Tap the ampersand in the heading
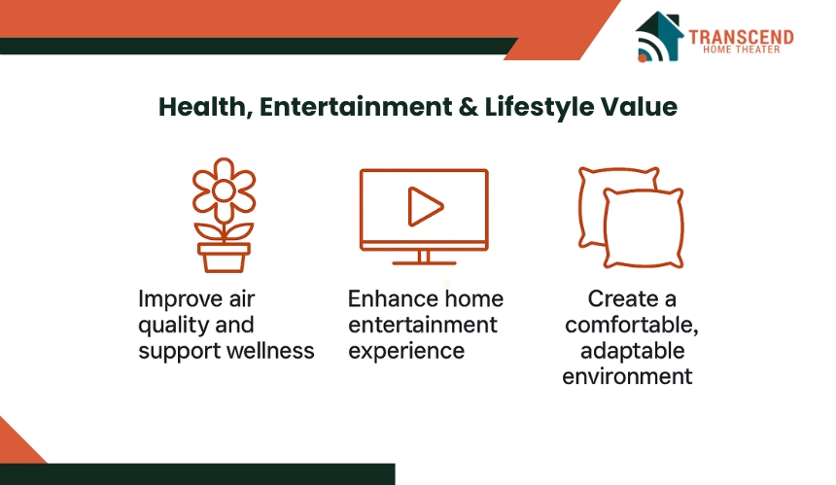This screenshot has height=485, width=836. tap(469, 107)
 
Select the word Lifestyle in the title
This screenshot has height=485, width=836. tap(539, 107)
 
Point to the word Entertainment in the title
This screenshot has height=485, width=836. tap(356, 107)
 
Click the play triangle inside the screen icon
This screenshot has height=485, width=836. tap(425, 206)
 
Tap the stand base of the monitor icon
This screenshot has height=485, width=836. tap(424, 262)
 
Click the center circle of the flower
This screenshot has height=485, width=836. tap(224, 191)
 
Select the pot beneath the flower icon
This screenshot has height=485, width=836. tap(224, 258)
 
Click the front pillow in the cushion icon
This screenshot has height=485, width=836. tap(644, 228)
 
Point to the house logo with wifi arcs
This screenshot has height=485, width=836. tap(660, 36)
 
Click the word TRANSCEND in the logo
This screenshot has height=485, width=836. tap(741, 37)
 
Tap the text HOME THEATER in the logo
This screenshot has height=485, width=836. tap(741, 50)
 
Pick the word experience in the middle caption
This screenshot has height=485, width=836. tap(406, 352)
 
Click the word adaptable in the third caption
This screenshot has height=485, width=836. tap(632, 351)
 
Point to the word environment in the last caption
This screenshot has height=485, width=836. tap(627, 376)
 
